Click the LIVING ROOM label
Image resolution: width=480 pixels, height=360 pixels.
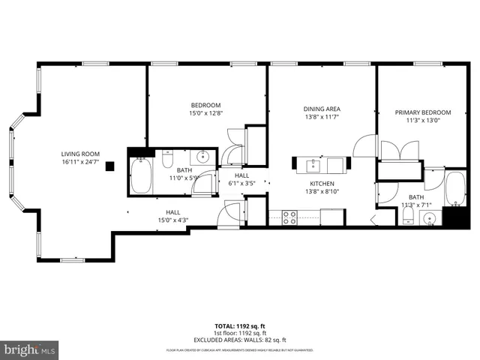tap(80, 154)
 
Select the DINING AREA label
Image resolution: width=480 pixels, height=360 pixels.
tap(322, 109)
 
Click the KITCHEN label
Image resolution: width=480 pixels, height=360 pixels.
tap(322, 183)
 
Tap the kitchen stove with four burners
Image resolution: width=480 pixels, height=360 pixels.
tap(289, 217)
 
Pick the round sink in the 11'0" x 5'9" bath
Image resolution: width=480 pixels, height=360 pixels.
tap(202, 157)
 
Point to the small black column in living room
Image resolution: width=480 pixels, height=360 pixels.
tap(110, 166)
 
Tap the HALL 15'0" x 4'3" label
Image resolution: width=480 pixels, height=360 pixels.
tap(173, 215)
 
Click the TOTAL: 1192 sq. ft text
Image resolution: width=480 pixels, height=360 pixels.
tap(240, 326)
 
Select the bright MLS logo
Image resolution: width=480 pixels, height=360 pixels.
tap(29, 349)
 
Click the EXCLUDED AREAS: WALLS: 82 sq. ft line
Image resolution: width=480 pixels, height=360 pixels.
tap(240, 340)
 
